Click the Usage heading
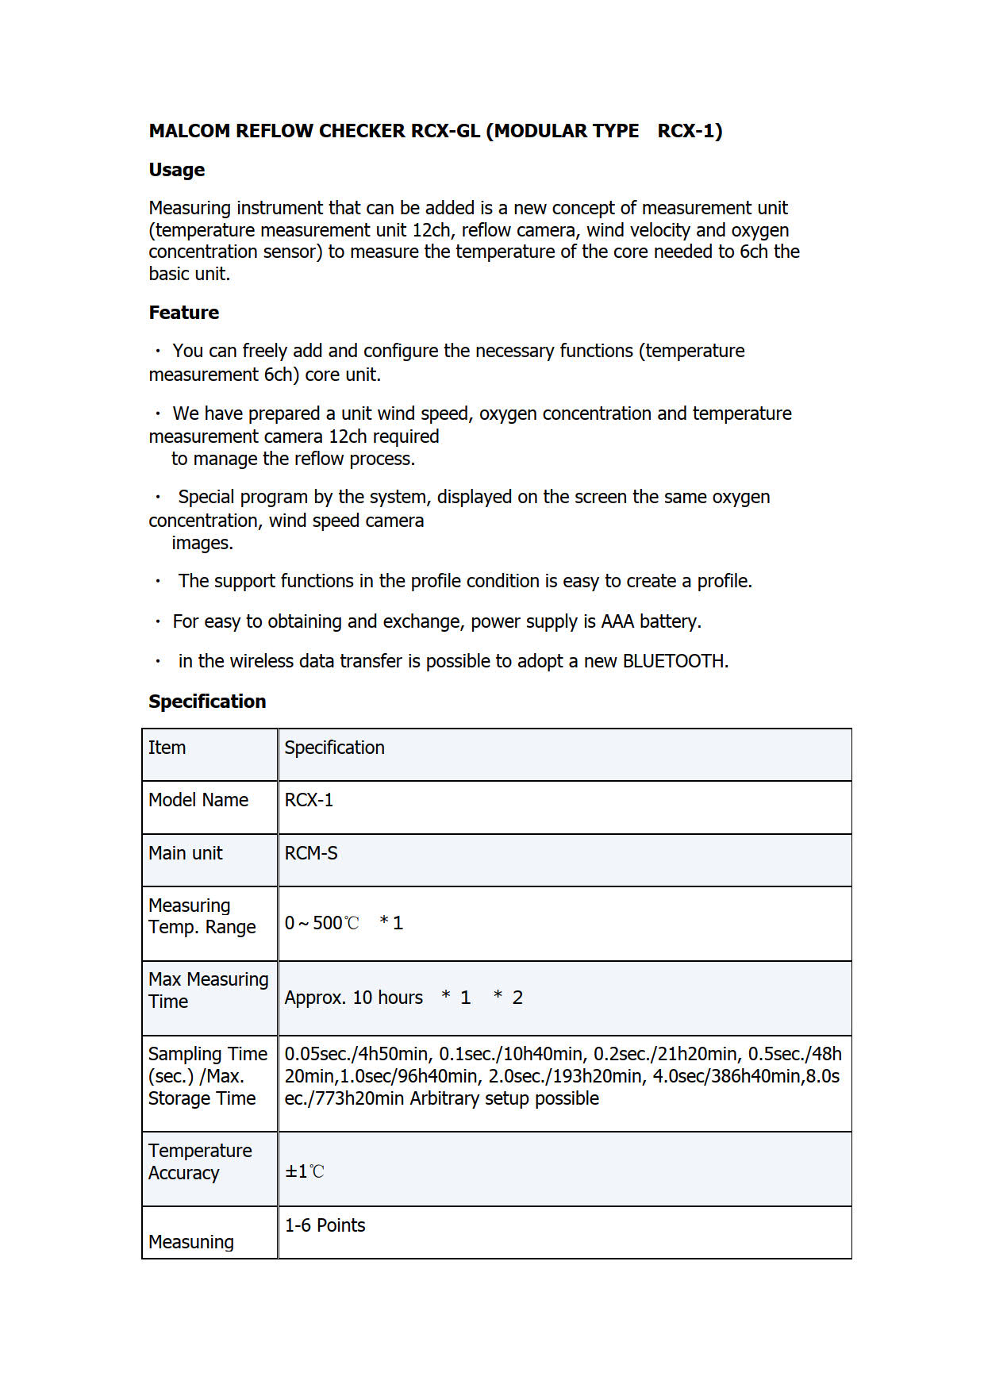click(x=176, y=170)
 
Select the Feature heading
click(x=183, y=313)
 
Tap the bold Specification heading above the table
click(x=207, y=702)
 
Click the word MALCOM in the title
click(x=189, y=131)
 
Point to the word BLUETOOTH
click(x=675, y=661)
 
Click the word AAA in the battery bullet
click(x=617, y=621)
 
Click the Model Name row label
click(x=198, y=800)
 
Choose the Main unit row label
click(x=186, y=853)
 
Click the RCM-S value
click(x=311, y=853)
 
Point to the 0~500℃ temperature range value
click(x=322, y=923)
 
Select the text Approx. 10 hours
click(x=354, y=998)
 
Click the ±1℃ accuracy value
click(x=305, y=1171)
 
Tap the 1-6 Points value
click(x=325, y=1225)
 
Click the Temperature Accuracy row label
click(x=200, y=1162)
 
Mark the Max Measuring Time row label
click(x=208, y=990)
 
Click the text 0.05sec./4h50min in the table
click(x=356, y=1054)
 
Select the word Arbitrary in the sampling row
click(x=445, y=1098)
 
